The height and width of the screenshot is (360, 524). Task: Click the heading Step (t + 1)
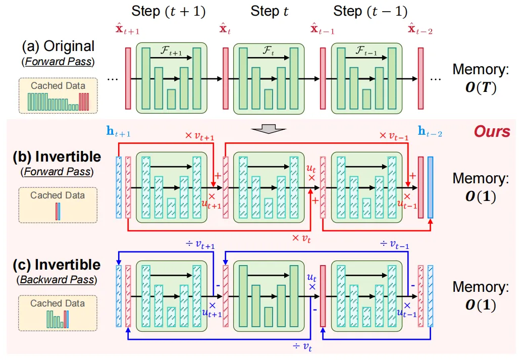click(168, 11)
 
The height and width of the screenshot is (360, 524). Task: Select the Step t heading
click(270, 11)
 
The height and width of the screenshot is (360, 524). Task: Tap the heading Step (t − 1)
click(371, 11)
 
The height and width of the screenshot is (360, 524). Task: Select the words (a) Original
click(58, 47)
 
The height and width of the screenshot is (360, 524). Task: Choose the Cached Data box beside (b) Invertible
click(58, 205)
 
